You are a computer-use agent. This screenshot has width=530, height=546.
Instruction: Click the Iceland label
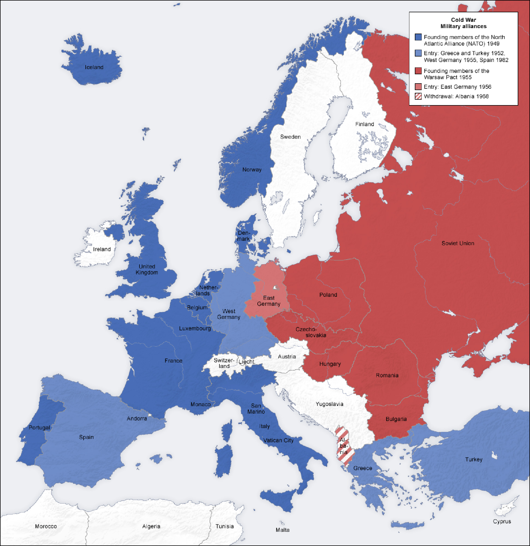pyautogui.click(x=94, y=67)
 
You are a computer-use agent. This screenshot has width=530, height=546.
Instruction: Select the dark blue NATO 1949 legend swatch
pyautogui.click(x=418, y=37)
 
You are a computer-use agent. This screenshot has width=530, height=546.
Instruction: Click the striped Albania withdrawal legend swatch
pyautogui.click(x=418, y=96)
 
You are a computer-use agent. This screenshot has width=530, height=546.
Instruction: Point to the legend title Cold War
pyautogui.click(x=463, y=20)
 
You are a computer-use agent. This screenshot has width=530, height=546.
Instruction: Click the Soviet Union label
pyautogui.click(x=458, y=243)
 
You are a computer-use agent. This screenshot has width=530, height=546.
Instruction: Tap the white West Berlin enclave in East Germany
pyautogui.click(x=275, y=287)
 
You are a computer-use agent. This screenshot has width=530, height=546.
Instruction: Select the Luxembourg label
pyautogui.click(x=195, y=328)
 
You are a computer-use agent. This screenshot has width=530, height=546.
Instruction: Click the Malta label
pyautogui.click(x=282, y=530)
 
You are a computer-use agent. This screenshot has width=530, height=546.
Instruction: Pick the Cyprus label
pyautogui.click(x=502, y=521)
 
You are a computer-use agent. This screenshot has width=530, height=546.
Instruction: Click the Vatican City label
pyautogui.click(x=278, y=440)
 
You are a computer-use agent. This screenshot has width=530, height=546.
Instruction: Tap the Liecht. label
pyautogui.click(x=247, y=361)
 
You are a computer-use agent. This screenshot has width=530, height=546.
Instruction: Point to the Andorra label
pyautogui.click(x=137, y=419)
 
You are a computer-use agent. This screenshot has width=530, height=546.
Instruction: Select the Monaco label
pyautogui.click(x=200, y=404)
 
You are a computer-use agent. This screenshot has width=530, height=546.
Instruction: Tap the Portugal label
pyautogui.click(x=39, y=427)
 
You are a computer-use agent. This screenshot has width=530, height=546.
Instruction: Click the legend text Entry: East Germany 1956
pyautogui.click(x=457, y=87)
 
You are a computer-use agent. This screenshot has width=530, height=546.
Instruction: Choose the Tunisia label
pyautogui.click(x=225, y=526)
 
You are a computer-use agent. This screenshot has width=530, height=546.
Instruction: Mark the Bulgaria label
pyautogui.click(x=396, y=419)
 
